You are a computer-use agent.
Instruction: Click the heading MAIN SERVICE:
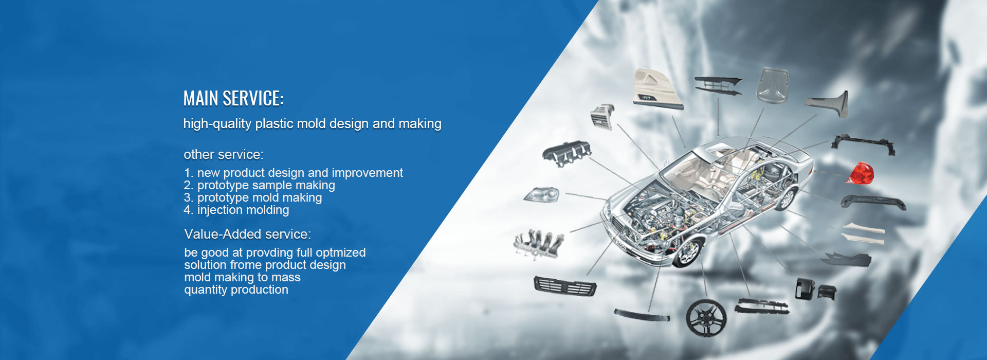(x=233, y=98)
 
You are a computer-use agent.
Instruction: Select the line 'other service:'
(x=224, y=154)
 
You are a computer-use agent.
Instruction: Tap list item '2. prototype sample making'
(x=260, y=185)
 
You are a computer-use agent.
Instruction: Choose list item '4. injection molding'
(x=236, y=210)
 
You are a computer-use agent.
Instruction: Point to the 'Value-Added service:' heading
(x=248, y=234)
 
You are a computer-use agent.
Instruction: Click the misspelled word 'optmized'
(x=341, y=253)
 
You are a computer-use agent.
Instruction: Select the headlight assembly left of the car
(x=541, y=194)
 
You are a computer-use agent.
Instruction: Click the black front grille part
(x=565, y=285)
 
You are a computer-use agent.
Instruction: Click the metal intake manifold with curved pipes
(x=538, y=243)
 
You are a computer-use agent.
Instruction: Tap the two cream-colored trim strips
(x=864, y=233)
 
